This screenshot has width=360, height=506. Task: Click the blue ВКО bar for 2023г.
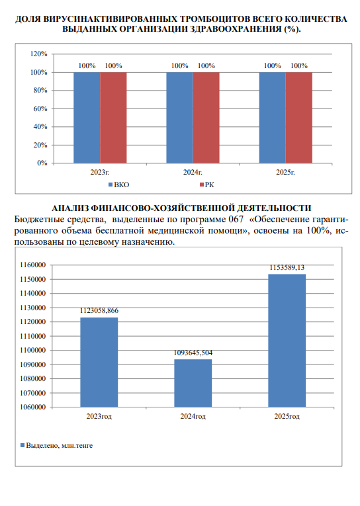pos(87,118)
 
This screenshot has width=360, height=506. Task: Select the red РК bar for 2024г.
pos(206,118)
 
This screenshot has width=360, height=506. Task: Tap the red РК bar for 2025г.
pos(299,118)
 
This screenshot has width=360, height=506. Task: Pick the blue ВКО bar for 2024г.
pos(179,118)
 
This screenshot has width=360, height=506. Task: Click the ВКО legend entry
pos(118,185)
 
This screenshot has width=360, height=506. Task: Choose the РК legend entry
pos(207,185)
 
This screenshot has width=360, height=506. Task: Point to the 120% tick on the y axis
pos(39,54)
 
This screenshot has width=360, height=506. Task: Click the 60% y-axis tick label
pos(40,108)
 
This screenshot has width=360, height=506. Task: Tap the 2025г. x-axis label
pos(285,173)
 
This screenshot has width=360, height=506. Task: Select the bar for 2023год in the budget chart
pos(99,362)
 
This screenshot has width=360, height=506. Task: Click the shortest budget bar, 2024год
pos(193,384)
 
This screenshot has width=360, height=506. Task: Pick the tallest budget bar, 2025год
pos(287,341)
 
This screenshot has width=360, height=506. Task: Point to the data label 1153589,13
pos(287,267)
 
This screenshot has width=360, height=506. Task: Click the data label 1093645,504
pos(193,353)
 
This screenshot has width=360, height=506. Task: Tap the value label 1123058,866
pos(99,311)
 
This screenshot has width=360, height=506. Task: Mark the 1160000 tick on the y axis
pos(33,265)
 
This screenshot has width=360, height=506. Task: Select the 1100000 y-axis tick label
pos(33,350)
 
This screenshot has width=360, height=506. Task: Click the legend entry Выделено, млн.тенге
pos(56,446)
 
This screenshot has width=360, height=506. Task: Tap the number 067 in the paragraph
pos(236,220)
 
